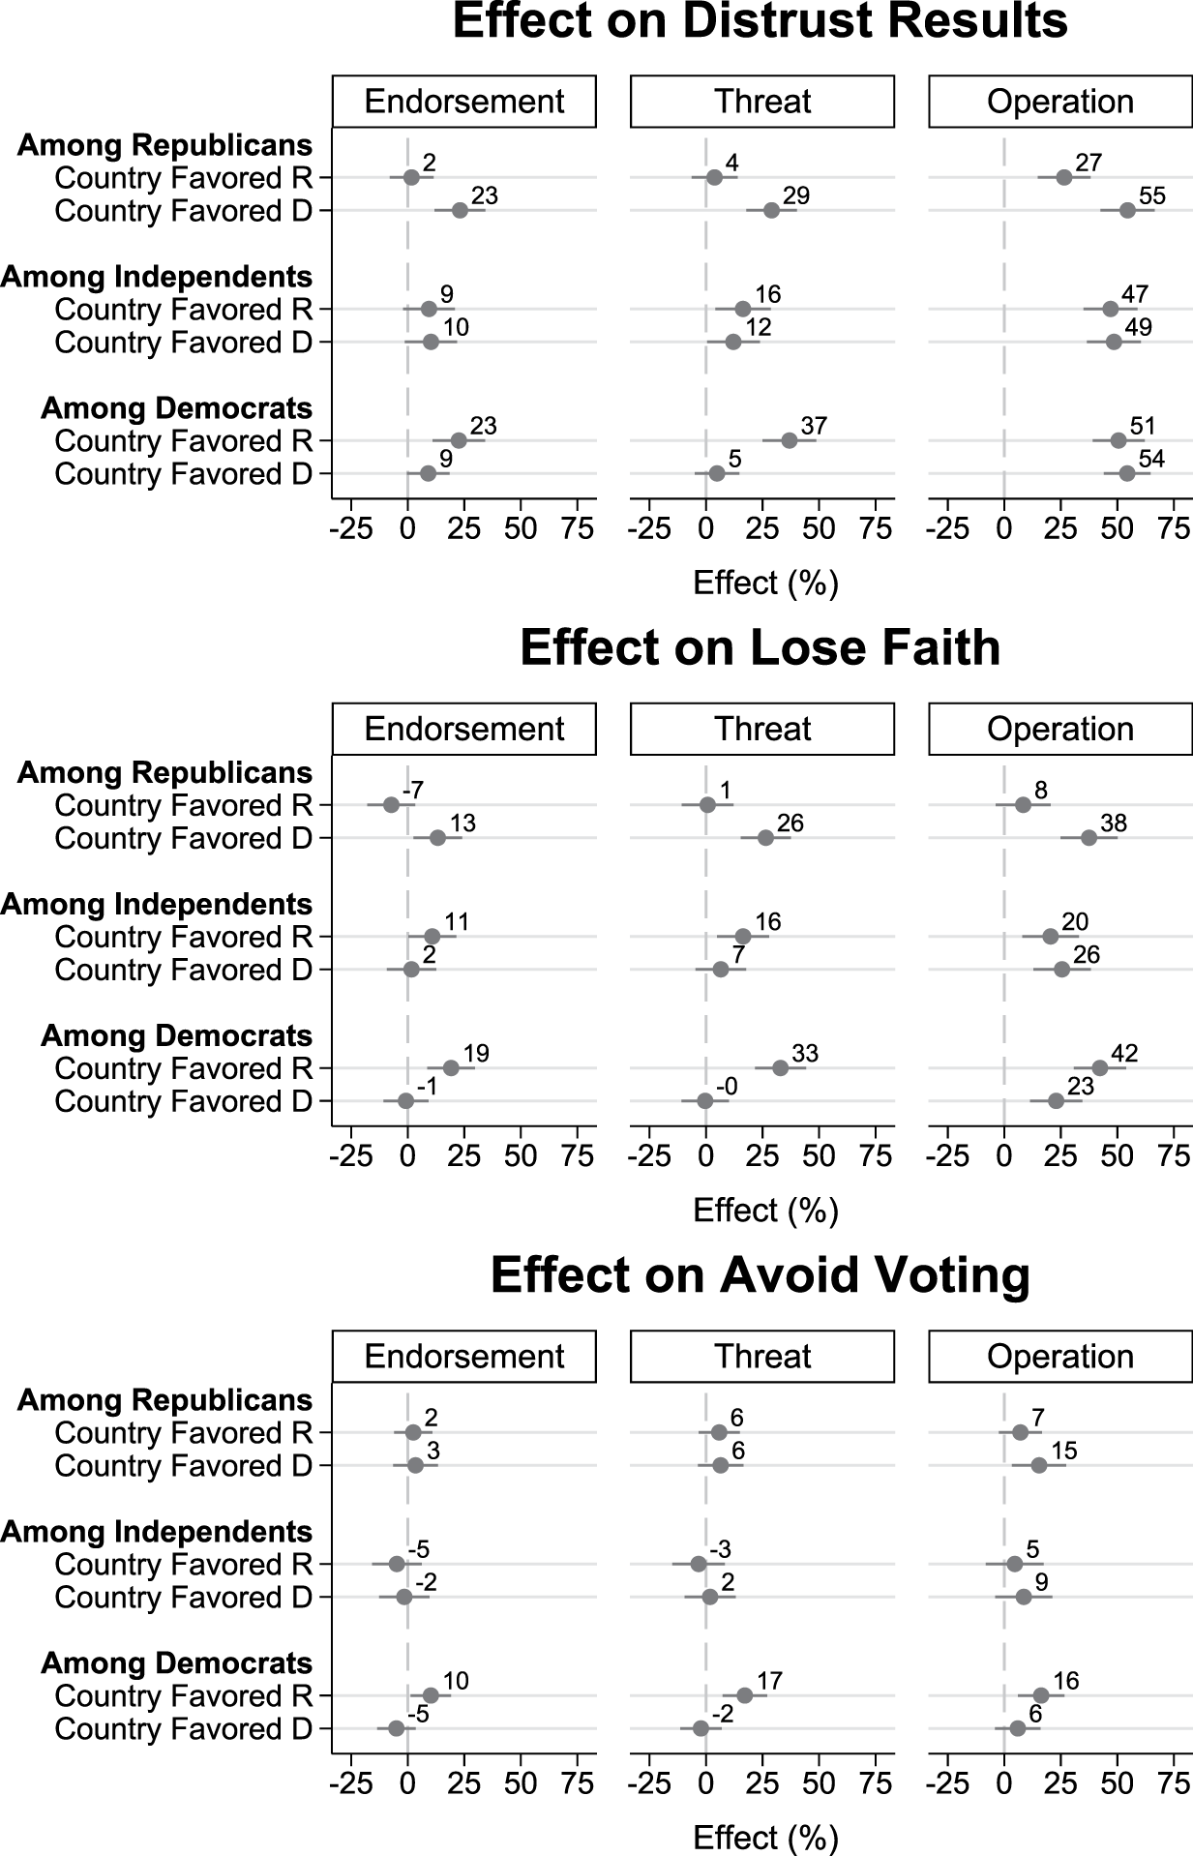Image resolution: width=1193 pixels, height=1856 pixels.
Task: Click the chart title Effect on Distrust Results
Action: tap(760, 21)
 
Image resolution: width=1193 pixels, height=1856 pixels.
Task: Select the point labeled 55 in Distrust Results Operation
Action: tap(1127, 210)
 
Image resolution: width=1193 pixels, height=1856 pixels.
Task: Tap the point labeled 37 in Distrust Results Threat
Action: tap(789, 440)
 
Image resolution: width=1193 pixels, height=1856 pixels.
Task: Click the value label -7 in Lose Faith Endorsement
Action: tap(413, 790)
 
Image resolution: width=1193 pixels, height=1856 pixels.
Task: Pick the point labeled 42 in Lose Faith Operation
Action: tap(1099, 1067)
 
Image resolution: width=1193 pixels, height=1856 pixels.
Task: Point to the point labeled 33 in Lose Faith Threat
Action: tap(780, 1067)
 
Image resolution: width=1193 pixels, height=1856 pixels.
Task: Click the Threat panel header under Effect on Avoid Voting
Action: tap(762, 1356)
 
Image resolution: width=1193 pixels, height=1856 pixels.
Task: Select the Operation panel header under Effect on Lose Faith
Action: tap(1060, 729)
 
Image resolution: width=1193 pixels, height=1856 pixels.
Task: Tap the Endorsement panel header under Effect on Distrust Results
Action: tap(463, 102)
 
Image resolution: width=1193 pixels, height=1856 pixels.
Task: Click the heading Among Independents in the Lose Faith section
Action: tap(158, 904)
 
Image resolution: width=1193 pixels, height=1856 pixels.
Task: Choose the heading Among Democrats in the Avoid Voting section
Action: tap(177, 1662)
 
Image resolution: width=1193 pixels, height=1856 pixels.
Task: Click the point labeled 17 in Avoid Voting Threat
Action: tap(744, 1695)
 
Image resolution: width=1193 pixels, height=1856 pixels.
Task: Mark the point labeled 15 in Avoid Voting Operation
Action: tap(1038, 1465)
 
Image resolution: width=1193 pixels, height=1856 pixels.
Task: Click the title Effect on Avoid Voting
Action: tap(760, 1274)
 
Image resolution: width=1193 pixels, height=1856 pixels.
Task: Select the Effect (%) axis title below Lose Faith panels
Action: tap(765, 1210)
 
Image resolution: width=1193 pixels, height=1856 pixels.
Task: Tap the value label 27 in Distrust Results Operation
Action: tap(1089, 163)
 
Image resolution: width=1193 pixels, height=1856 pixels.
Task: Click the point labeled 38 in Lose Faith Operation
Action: tap(1089, 837)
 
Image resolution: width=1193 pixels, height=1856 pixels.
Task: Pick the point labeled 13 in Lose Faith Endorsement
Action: tap(437, 837)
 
